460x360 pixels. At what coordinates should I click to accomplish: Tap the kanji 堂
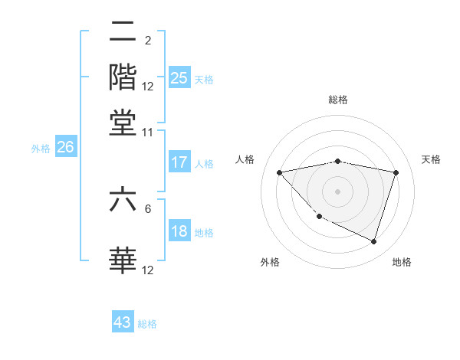click(123, 122)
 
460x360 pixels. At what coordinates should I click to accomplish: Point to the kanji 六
click(123, 200)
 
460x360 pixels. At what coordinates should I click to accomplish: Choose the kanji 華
click(123, 260)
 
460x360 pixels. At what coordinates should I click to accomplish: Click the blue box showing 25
click(179, 77)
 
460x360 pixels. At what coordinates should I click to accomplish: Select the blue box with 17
click(179, 162)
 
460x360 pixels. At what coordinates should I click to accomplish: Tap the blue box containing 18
click(179, 232)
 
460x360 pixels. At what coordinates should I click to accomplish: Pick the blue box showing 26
click(64, 148)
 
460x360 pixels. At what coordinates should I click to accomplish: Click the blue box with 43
click(123, 322)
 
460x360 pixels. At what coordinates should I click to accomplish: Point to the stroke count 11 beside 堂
click(147, 132)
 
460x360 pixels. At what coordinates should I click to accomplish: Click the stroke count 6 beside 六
click(148, 208)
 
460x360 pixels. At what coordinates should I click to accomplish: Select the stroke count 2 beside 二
click(147, 40)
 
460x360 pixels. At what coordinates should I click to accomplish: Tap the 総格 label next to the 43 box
click(147, 324)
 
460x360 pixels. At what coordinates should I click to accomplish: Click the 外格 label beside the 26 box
click(40, 149)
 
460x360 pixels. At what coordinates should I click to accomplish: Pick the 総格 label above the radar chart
click(338, 100)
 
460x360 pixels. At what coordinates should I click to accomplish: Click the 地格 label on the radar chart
click(402, 262)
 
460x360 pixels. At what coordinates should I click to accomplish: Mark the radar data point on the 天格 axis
click(396, 172)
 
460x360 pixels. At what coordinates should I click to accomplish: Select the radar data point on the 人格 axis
click(279, 172)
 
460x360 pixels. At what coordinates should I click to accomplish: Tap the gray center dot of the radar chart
click(338, 191)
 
